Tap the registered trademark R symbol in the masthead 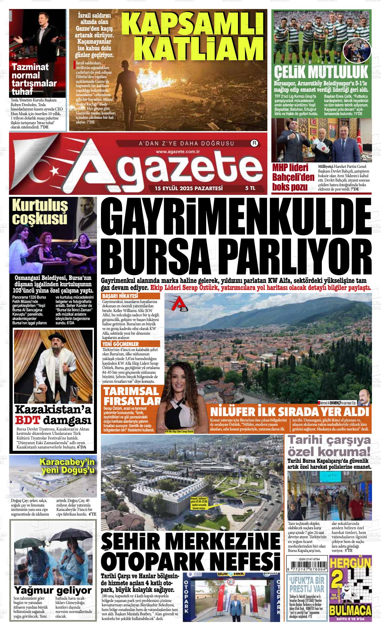[x=255, y=143]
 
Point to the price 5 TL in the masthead [x=250, y=188]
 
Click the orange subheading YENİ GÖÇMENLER [x=121, y=344]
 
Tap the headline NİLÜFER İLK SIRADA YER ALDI [x=289, y=411]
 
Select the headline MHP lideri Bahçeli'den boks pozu [x=293, y=177]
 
